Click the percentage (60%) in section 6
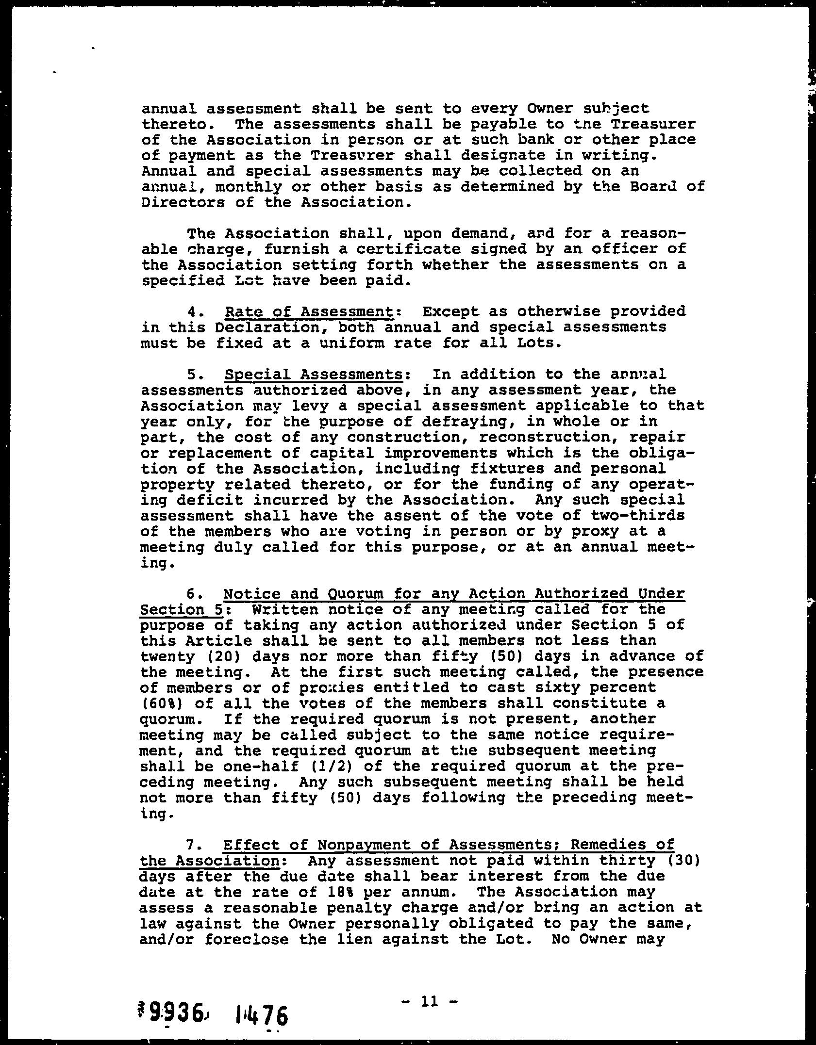(159, 703)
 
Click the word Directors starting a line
(183, 202)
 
